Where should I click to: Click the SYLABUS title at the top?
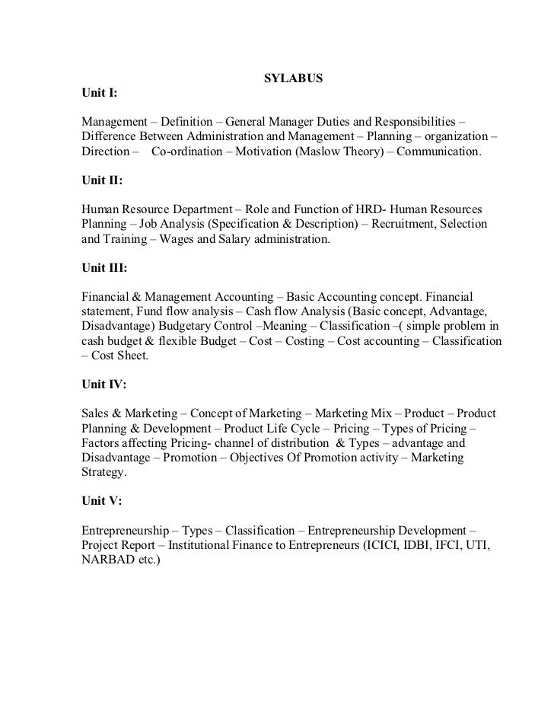[293, 78]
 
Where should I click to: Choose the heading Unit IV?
[103, 385]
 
